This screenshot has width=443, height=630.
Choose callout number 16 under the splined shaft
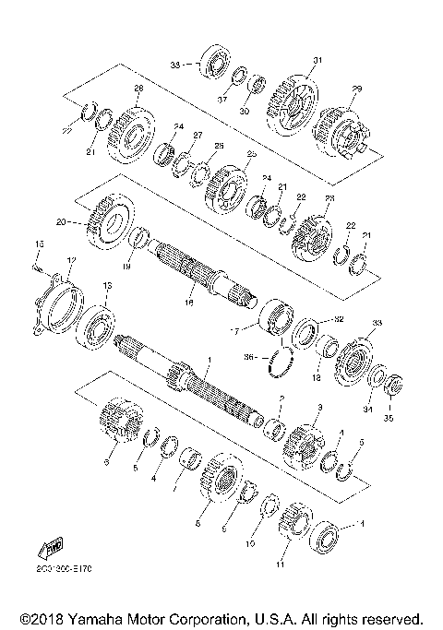[x=190, y=301]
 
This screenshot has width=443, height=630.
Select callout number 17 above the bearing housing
[x=72, y=259]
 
